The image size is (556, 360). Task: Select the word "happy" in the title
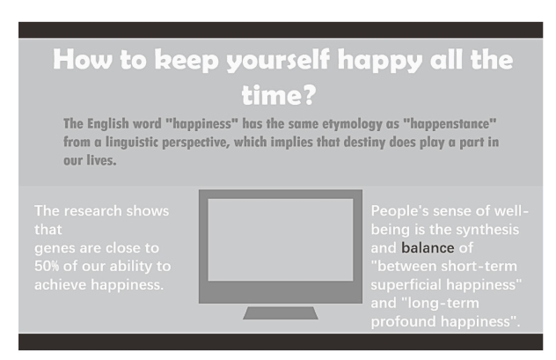380,61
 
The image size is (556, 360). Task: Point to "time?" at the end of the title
279,95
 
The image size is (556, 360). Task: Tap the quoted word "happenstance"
450,124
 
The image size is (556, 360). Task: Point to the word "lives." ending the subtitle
102,160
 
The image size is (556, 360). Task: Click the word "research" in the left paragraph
93,211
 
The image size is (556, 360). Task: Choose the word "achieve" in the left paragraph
61,284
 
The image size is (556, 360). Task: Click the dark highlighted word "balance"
428,247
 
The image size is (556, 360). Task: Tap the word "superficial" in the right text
406,284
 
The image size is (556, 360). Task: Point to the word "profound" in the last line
404,321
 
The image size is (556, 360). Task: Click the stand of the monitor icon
281,313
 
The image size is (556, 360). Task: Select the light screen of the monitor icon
281,239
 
